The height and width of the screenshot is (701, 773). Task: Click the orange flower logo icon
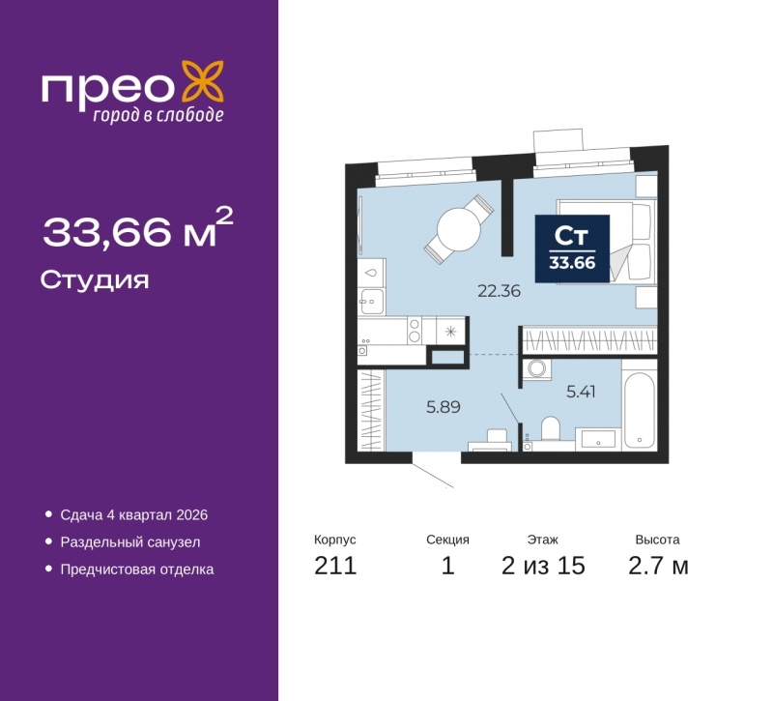coord(203,81)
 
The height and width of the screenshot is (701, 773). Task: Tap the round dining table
coord(458,229)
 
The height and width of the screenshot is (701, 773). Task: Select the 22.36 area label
coord(499,291)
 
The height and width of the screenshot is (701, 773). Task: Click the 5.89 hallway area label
coord(444,407)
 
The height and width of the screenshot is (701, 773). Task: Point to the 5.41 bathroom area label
coord(581,392)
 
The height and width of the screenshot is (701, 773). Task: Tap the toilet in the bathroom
coord(551,428)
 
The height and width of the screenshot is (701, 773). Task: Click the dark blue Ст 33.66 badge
coord(572,248)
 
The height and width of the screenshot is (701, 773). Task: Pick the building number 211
coord(335,566)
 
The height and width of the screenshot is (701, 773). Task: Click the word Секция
coord(447,540)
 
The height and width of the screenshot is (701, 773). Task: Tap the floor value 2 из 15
coord(543,566)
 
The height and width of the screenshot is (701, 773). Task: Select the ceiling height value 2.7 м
coord(658,566)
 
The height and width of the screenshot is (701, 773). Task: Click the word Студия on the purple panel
coord(95,280)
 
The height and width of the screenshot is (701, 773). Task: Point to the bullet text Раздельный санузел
coord(130,542)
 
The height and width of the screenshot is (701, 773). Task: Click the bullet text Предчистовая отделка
coord(137,570)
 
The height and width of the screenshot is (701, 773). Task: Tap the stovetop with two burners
coord(415,330)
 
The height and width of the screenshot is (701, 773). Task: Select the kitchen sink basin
coord(372,302)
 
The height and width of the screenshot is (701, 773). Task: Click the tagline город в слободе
coord(158,115)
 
